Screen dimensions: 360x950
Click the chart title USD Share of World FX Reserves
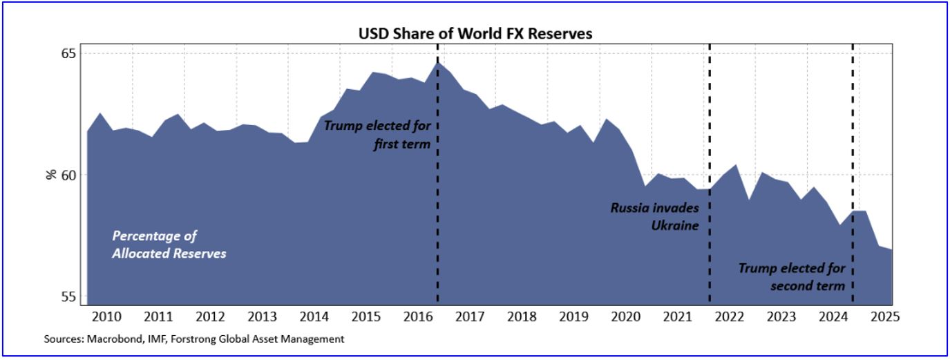point(475,33)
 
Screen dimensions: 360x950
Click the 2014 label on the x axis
point(314,317)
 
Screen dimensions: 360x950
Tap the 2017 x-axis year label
point(470,317)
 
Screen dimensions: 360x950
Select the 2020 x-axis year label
point(625,317)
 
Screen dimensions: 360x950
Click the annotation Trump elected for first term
point(378,135)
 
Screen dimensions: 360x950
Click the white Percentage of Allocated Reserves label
point(169,245)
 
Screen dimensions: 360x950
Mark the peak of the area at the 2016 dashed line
point(438,63)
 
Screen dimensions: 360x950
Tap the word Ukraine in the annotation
point(675,225)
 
